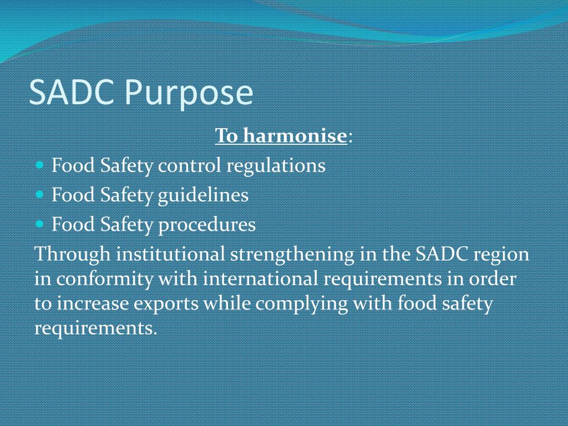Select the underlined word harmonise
pos(294,135)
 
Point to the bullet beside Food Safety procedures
pos(39,225)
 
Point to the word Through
pos(72,254)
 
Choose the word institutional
pos(170,254)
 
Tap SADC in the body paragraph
pos(443,254)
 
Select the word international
pos(261,278)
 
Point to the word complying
pos(302,303)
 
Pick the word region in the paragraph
pos(503,254)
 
